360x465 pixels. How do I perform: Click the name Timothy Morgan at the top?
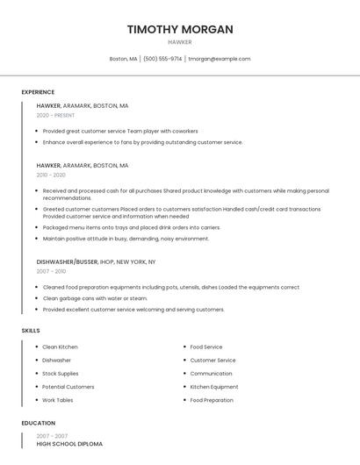point(180,29)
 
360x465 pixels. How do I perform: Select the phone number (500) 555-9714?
point(162,59)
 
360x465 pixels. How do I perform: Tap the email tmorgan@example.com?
point(220,59)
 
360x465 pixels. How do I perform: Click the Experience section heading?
point(38,92)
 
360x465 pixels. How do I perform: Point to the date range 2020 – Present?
point(55,115)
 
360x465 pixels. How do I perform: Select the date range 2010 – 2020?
point(51,175)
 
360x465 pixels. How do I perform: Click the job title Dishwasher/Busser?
point(67,261)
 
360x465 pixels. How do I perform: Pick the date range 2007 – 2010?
point(51,271)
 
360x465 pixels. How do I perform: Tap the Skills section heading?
point(30,330)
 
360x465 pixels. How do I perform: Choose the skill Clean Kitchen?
point(60,347)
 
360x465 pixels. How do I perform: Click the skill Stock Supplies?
point(60,373)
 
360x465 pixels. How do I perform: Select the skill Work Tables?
point(58,400)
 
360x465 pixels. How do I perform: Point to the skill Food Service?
point(206,347)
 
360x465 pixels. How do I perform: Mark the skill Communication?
point(211,373)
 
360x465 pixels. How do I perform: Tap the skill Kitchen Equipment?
point(214,387)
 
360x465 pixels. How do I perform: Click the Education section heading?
point(38,423)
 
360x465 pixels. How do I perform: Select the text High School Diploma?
point(69,444)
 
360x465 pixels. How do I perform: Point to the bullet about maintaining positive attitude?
point(126,238)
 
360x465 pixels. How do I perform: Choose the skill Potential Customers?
point(68,387)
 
